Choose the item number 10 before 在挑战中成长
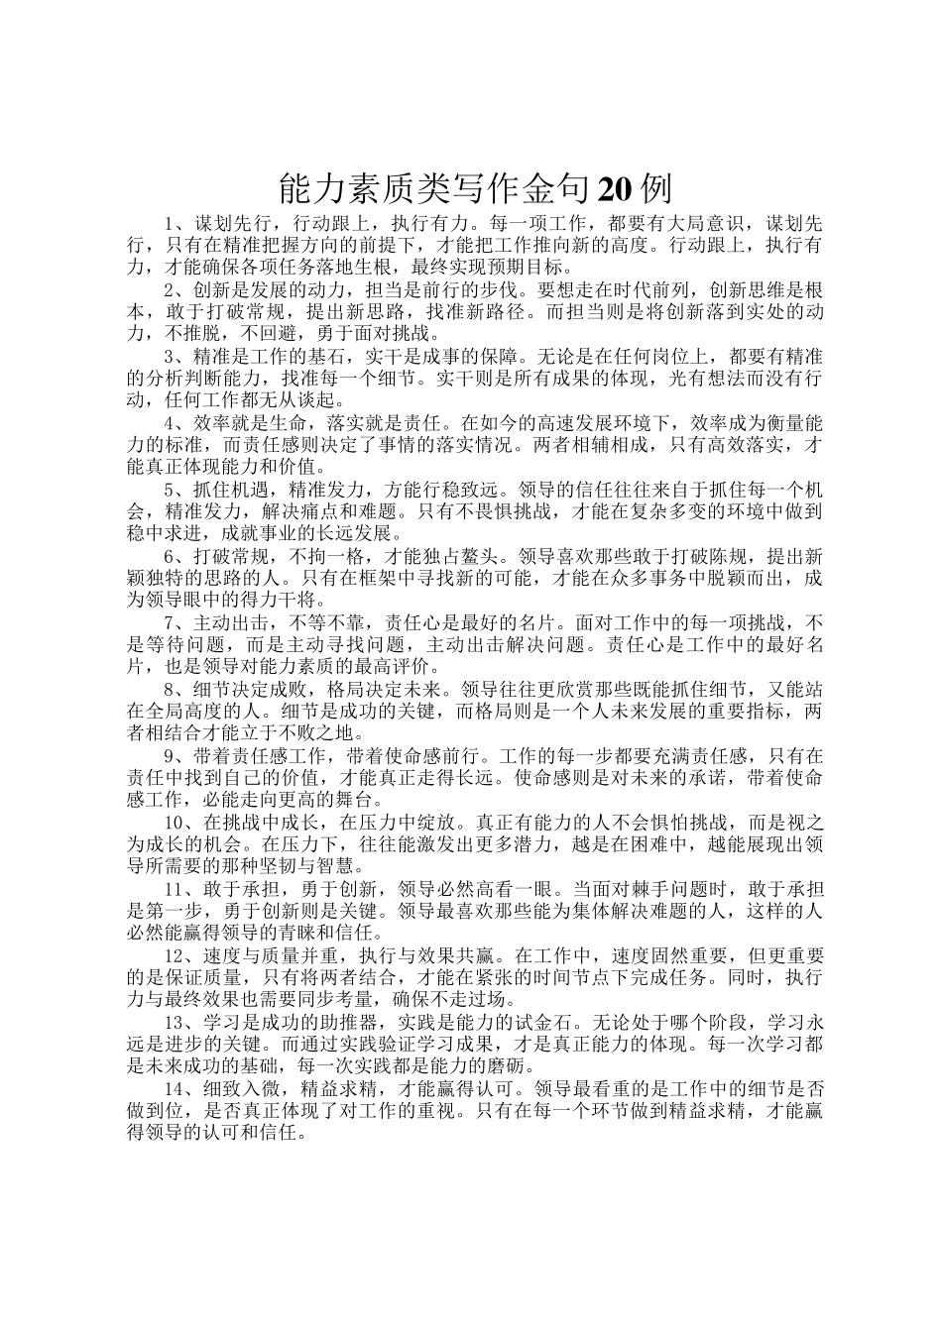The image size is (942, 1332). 175,822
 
